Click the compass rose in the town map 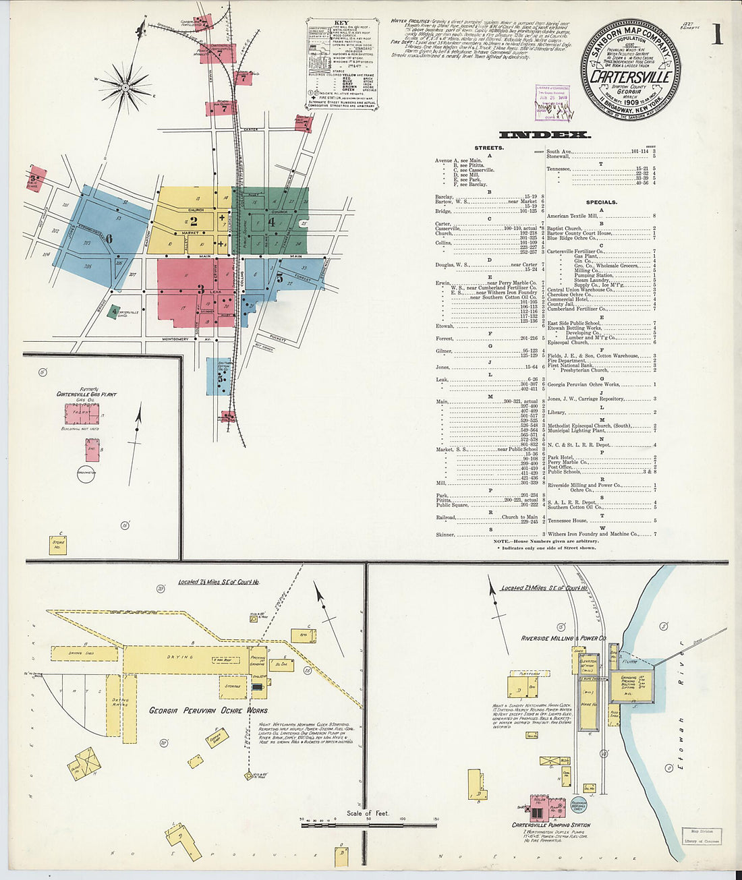click(x=126, y=87)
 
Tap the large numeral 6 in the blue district click(x=108, y=237)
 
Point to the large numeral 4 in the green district click(x=271, y=221)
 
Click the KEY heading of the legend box click(x=341, y=31)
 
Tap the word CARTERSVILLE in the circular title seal click(x=630, y=77)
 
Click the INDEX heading click(x=544, y=135)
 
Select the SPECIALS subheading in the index click(x=601, y=202)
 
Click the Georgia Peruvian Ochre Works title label click(x=208, y=710)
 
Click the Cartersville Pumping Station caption click(x=550, y=825)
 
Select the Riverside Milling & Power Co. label click(x=563, y=638)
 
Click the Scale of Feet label click(x=368, y=813)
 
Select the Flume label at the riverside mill click(x=629, y=662)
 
